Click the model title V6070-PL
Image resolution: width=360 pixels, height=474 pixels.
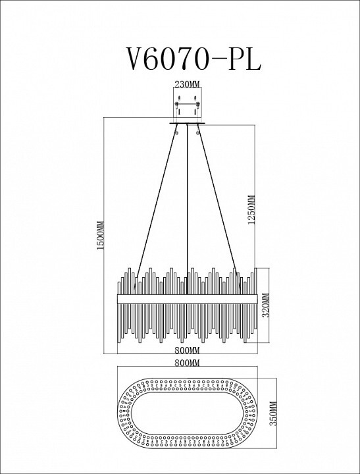193,58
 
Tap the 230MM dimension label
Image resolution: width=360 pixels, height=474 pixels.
188,84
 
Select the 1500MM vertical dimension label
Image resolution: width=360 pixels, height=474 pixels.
100,235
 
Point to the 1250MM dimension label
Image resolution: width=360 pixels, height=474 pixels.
251,209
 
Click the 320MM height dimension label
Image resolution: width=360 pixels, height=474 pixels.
265,305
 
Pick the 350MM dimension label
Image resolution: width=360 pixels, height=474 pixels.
272,413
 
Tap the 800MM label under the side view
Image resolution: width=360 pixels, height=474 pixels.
188,350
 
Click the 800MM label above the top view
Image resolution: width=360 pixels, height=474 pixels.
188,363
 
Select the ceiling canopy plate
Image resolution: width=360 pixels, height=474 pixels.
187,123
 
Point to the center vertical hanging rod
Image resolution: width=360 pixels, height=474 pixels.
188,209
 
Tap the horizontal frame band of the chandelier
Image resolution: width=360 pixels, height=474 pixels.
188,299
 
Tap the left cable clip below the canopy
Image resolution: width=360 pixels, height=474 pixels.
177,132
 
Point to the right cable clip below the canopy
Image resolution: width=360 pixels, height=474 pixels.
198,132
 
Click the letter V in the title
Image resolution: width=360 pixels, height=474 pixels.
134,59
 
